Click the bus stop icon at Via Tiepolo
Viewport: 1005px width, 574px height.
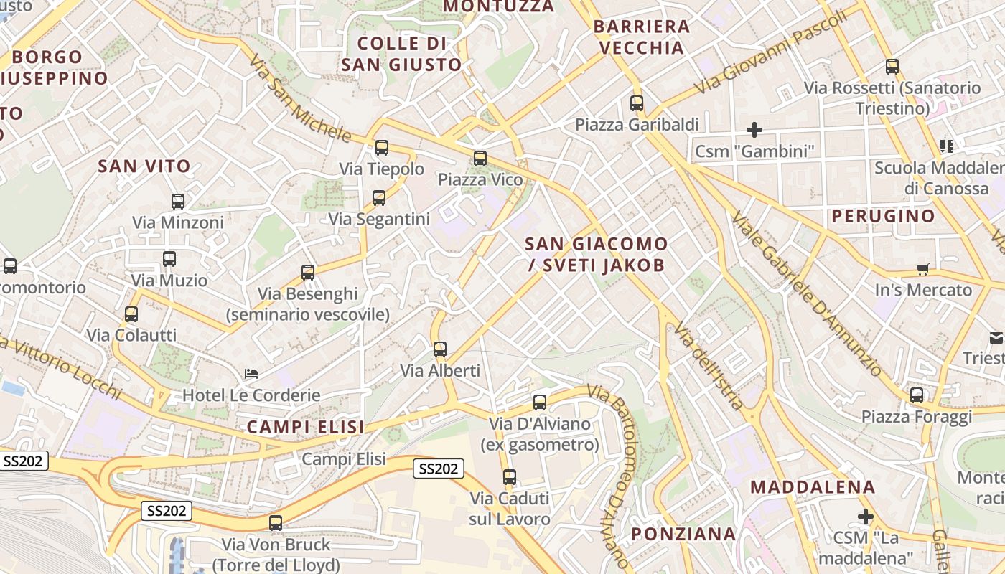point(382,148)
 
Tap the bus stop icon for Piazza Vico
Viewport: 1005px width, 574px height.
point(480,159)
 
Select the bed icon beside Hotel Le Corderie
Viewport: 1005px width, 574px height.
point(251,374)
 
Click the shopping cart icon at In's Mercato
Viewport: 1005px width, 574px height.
point(922,270)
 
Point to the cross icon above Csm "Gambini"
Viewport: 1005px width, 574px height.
point(754,130)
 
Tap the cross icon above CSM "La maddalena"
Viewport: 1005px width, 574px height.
point(866,516)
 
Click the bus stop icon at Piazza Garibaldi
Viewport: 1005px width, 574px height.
point(637,103)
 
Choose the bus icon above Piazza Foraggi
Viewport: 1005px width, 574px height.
point(917,395)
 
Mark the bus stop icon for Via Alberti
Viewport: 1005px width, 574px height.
point(440,349)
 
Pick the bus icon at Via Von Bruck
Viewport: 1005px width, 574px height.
point(276,523)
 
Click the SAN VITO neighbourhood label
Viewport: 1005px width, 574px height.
point(144,166)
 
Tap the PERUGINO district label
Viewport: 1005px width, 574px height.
point(883,216)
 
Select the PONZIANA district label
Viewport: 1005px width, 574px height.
point(683,534)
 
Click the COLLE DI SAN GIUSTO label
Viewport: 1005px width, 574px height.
point(401,54)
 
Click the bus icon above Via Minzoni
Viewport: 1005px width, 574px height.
point(178,202)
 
